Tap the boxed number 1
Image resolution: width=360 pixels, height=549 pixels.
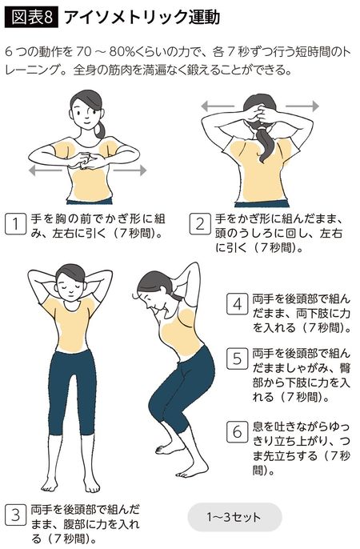14,225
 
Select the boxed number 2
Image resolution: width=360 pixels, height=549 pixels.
200,225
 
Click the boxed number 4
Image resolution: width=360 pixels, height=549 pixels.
237,304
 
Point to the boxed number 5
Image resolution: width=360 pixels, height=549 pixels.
237,359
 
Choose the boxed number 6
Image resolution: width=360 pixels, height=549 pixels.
237,431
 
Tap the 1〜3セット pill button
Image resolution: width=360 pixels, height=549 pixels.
234,516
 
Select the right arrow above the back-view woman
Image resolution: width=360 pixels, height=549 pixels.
302,105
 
